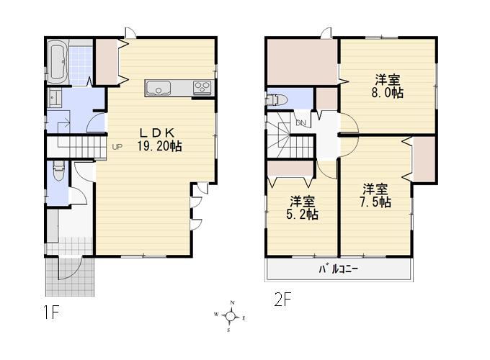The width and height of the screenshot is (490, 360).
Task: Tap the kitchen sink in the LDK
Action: pyautogui.click(x=157, y=89)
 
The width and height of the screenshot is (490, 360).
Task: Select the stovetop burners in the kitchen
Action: pyautogui.click(x=201, y=89)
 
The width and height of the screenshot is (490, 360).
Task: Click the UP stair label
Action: pyautogui.click(x=117, y=148)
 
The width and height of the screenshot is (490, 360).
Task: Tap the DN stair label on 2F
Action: pyautogui.click(x=301, y=123)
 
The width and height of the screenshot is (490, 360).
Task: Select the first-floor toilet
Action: pyautogui.click(x=58, y=173)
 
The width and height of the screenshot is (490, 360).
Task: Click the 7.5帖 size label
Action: pyautogui.click(x=376, y=202)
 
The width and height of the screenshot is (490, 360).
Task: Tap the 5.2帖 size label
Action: pyautogui.click(x=303, y=213)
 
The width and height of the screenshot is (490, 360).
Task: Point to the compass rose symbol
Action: pyautogui.click(x=231, y=315)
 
